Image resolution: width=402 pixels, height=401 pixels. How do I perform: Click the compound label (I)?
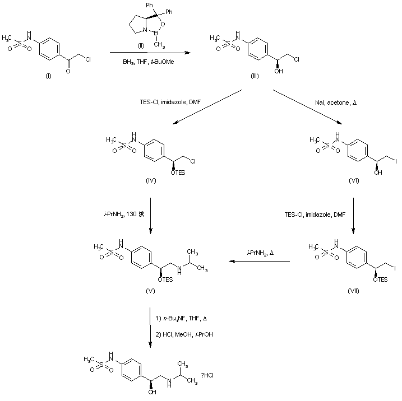pyautogui.click(x=47, y=76)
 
